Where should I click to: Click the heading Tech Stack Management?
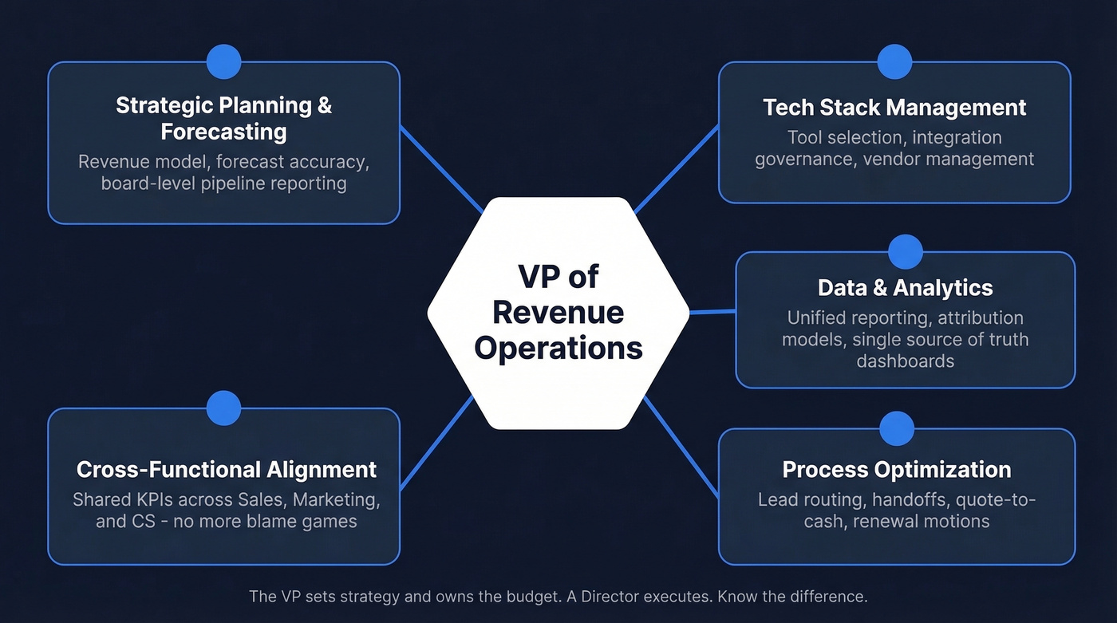coord(894,107)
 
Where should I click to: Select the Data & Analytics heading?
coord(905,288)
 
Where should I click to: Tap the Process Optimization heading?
coord(897,469)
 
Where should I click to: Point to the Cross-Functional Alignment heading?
coord(227,469)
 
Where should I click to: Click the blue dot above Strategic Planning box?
coord(223,61)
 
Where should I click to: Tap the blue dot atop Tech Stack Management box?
coord(894,61)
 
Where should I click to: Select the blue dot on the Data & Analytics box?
coord(905,252)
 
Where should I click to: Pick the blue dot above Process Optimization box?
coord(897,428)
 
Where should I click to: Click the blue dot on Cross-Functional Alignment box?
coord(223,408)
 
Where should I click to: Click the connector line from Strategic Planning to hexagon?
coord(440,169)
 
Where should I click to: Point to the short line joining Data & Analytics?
coord(712,312)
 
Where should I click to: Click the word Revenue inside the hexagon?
coord(558,312)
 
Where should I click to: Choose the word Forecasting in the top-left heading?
coord(223,131)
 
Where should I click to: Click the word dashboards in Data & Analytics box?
coord(905,361)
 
